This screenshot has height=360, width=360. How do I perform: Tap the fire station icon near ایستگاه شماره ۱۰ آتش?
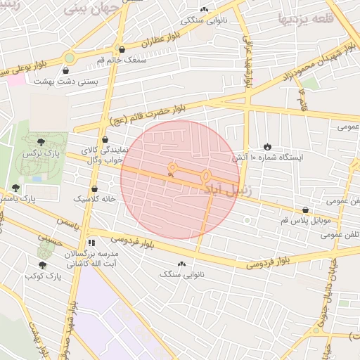(267, 146)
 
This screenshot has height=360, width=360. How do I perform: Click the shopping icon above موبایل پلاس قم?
(304, 210)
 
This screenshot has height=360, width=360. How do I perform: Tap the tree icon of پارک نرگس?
(40, 142)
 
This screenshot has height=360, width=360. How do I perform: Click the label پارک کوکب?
(44, 276)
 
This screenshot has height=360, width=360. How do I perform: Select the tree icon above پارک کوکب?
(43, 265)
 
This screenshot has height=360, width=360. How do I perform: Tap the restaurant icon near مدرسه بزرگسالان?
(91, 243)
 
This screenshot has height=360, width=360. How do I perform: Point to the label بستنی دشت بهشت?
(67, 82)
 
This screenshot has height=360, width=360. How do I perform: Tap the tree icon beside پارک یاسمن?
(15, 188)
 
